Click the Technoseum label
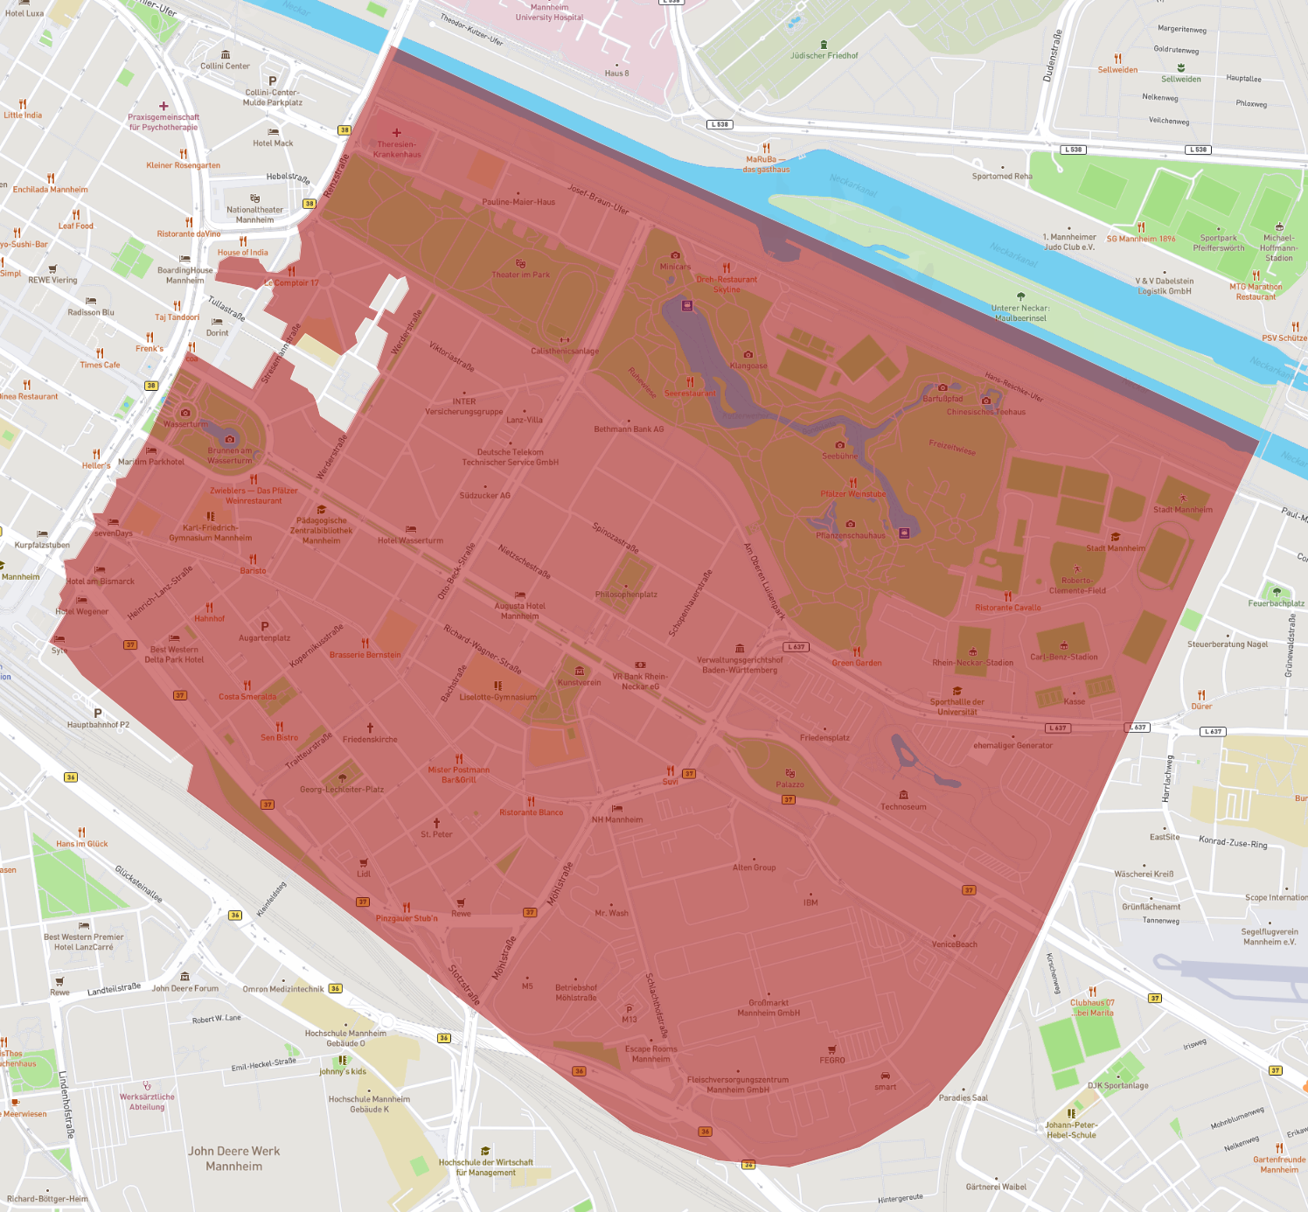(903, 807)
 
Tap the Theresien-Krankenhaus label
(397, 150)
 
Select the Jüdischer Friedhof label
(824, 55)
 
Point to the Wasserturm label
(184, 424)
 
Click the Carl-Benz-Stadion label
(1063, 657)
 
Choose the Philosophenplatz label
(626, 595)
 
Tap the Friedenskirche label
(370, 739)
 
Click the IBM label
(811, 902)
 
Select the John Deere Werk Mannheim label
(234, 1158)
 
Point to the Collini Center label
(225, 66)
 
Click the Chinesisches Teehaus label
(986, 412)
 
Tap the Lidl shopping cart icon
(364, 863)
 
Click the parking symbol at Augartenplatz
(265, 626)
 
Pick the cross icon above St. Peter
(436, 823)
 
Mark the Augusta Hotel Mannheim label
(519, 610)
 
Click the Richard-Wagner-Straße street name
(482, 649)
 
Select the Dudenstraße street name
(1053, 56)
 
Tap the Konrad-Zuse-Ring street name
(1233, 842)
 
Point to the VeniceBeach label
(954, 944)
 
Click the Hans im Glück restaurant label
(82, 844)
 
